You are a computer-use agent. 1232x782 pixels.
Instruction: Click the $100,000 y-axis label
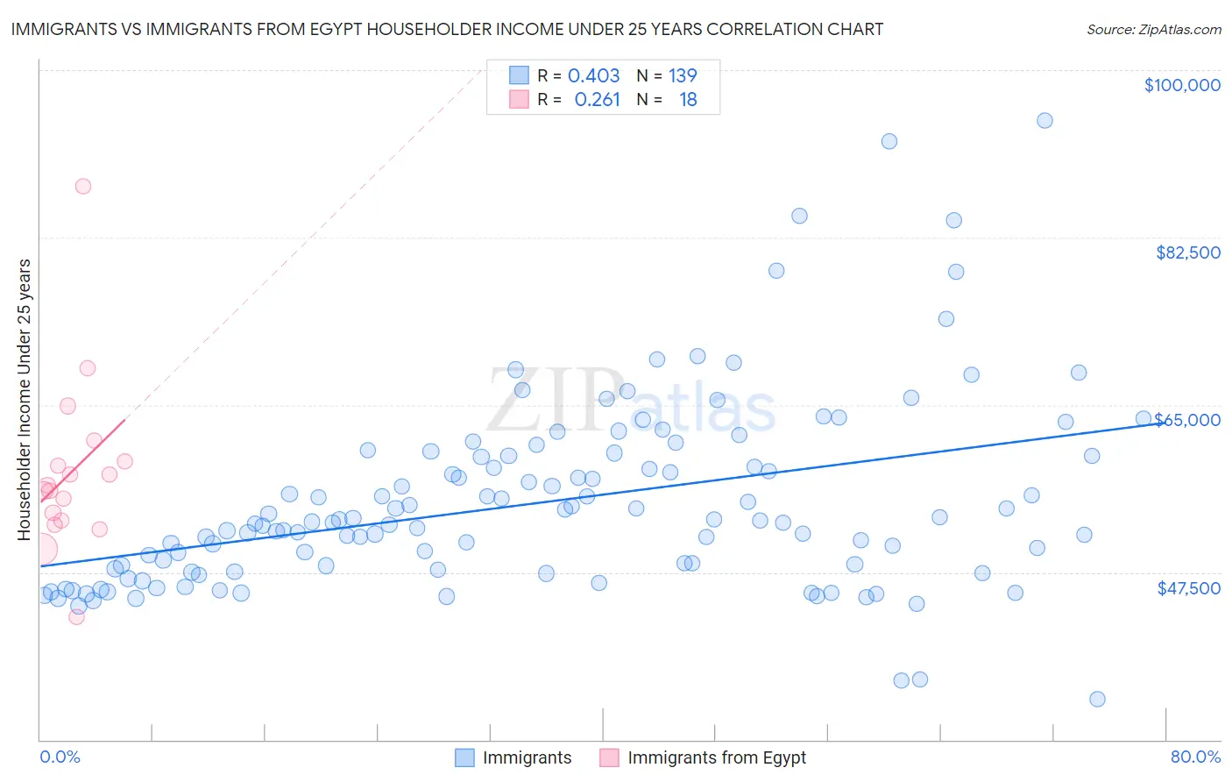(1182, 85)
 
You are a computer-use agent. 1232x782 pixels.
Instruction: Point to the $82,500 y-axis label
(1187, 252)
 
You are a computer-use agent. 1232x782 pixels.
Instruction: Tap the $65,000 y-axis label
(1187, 420)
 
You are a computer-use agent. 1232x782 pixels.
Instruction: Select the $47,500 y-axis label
(1188, 588)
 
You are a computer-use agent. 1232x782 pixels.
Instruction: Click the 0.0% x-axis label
(60, 757)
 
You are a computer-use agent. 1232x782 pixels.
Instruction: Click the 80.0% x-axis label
(1195, 757)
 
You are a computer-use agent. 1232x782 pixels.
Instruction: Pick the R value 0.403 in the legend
(593, 75)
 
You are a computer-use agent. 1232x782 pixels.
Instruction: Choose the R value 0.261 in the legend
(597, 100)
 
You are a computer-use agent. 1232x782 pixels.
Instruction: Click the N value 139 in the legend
(683, 75)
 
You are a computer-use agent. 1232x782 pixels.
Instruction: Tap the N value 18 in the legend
(688, 100)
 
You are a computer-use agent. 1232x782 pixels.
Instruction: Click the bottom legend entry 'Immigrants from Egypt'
(716, 757)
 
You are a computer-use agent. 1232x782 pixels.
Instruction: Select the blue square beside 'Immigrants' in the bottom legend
(464, 757)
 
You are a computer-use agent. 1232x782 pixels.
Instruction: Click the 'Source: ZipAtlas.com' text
(1153, 30)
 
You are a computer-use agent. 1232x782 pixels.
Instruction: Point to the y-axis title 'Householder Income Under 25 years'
(24, 399)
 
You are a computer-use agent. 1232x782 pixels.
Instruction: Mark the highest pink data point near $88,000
(83, 186)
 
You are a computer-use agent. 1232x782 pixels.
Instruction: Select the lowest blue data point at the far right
(1097, 699)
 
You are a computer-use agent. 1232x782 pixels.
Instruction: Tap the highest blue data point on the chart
(1044, 121)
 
